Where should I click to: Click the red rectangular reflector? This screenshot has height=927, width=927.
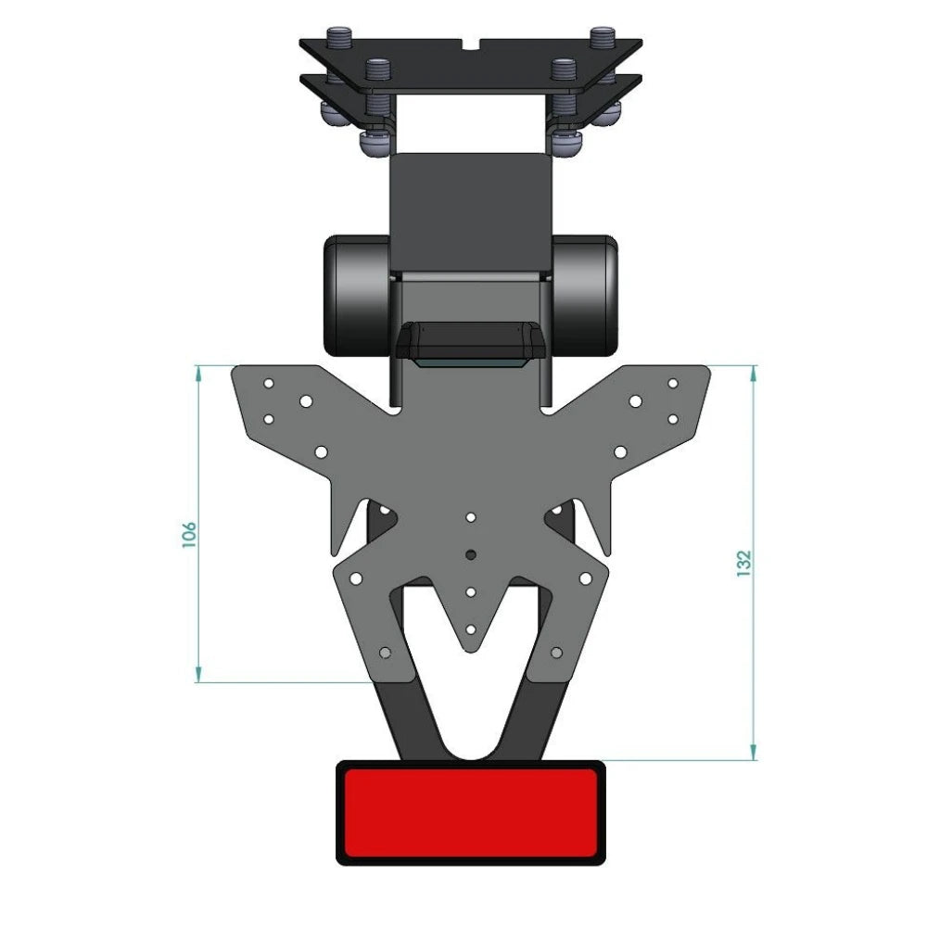pyautogui.click(x=470, y=813)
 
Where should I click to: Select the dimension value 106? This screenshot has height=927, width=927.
pyautogui.click(x=189, y=534)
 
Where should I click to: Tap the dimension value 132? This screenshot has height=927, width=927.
pyautogui.click(x=743, y=564)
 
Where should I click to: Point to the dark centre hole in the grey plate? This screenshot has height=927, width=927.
pyautogui.click(x=471, y=553)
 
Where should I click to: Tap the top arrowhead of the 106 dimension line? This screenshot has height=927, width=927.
pyautogui.click(x=198, y=372)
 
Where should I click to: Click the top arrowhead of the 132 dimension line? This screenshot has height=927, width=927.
pyautogui.click(x=754, y=372)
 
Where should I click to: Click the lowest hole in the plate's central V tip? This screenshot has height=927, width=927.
pyautogui.click(x=471, y=629)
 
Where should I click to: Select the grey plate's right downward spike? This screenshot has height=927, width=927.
pyautogui.click(x=602, y=538)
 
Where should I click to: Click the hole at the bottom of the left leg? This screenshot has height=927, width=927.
pyautogui.click(x=387, y=653)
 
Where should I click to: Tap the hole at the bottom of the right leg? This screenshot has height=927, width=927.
pyautogui.click(x=555, y=653)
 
